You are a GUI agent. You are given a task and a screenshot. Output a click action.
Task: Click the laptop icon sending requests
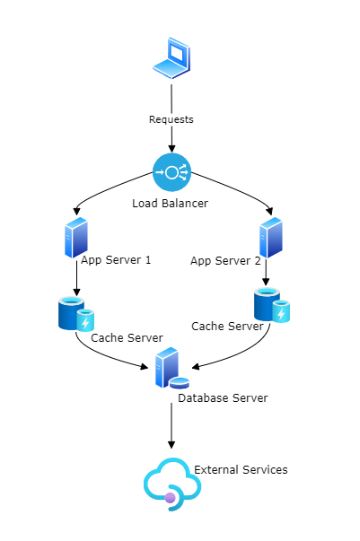coord(171,60)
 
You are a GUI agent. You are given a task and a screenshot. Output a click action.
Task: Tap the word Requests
coord(171,119)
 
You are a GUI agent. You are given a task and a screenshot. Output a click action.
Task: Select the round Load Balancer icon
coord(171,171)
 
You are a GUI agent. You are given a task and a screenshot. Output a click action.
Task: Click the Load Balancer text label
coord(171,204)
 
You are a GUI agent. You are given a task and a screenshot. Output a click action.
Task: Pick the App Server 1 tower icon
coord(75,238)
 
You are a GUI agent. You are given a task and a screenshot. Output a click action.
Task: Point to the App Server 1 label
coord(116,260)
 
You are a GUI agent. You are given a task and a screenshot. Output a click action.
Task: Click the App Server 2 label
coord(225,261)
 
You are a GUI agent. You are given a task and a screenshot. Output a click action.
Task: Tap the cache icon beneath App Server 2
coord(271,305)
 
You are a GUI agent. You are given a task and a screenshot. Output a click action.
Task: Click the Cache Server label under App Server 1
coord(127,338)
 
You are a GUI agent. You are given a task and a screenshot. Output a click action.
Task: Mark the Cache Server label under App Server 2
coord(227,326)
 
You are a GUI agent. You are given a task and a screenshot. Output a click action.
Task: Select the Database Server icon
coord(171,369)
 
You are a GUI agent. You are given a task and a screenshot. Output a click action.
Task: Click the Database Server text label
coord(223,397)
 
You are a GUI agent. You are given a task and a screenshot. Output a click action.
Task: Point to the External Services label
coord(241,469)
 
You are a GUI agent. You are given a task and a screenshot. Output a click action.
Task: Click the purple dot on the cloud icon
coord(170,497)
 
